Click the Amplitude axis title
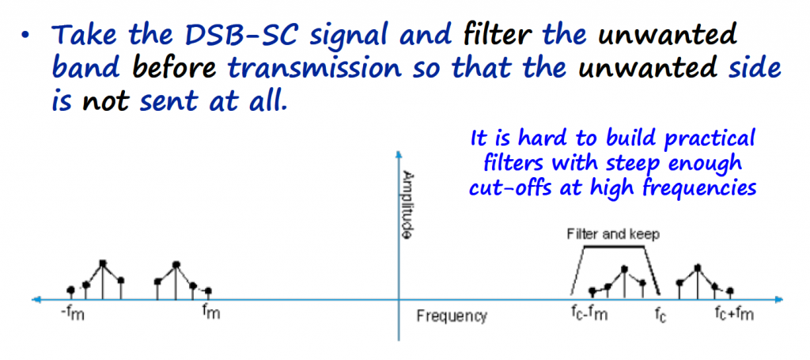click(x=407, y=203)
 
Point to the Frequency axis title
click(x=452, y=316)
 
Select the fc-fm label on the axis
click(x=588, y=313)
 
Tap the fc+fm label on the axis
click(x=734, y=313)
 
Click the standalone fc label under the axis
click(x=660, y=313)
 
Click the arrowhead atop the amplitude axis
click(x=399, y=154)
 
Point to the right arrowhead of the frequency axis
click(x=779, y=298)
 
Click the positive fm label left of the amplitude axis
click(x=210, y=313)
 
